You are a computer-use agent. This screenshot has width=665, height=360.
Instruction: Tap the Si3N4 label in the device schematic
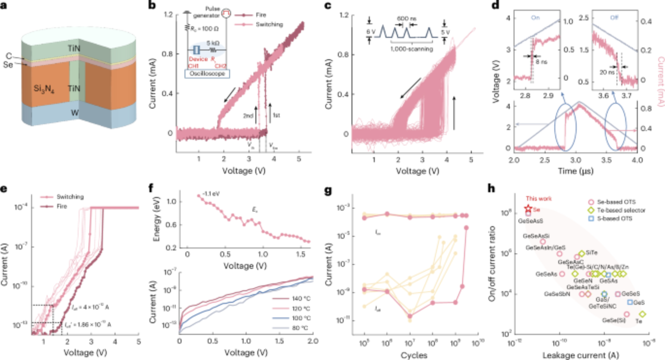click(44, 89)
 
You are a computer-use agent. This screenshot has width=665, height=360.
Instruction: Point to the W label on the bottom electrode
click(74, 113)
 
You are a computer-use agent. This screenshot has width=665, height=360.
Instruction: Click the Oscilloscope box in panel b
click(207, 73)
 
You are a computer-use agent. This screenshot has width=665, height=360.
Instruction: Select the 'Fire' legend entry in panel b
click(261, 15)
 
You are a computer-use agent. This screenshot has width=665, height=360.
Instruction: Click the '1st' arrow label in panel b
click(276, 115)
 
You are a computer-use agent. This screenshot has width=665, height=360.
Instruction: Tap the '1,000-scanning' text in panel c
click(412, 49)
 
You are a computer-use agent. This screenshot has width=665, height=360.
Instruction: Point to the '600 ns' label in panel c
click(406, 19)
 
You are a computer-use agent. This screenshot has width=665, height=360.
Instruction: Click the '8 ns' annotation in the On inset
click(541, 62)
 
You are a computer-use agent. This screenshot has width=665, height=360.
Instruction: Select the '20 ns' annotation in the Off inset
click(607, 72)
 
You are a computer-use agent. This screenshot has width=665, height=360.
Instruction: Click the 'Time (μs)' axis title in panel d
click(576, 171)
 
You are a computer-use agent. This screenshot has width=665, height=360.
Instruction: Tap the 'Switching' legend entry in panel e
click(70, 197)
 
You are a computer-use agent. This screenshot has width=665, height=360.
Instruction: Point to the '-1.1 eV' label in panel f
click(211, 193)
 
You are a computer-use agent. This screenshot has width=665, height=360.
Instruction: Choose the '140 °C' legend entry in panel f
click(301, 299)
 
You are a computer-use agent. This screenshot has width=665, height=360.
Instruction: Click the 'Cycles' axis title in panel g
click(414, 355)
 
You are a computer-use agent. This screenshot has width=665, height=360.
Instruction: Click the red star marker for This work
click(528, 209)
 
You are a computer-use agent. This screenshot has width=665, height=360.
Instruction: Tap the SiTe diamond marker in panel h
click(582, 254)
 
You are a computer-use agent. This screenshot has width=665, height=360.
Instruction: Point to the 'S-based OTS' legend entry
click(614, 218)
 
